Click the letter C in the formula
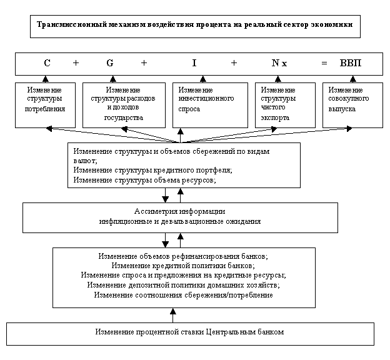[47, 63]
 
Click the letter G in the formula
[110, 63]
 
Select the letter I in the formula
[194, 63]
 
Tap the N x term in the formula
[279, 63]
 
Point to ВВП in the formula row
[350, 63]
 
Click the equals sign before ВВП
[324, 63]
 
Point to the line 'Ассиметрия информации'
[180, 211]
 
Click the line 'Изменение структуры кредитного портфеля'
[152, 170]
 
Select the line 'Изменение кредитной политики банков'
[184, 266]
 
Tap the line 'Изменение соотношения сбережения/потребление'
[184, 295]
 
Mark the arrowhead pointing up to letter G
[112, 79]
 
